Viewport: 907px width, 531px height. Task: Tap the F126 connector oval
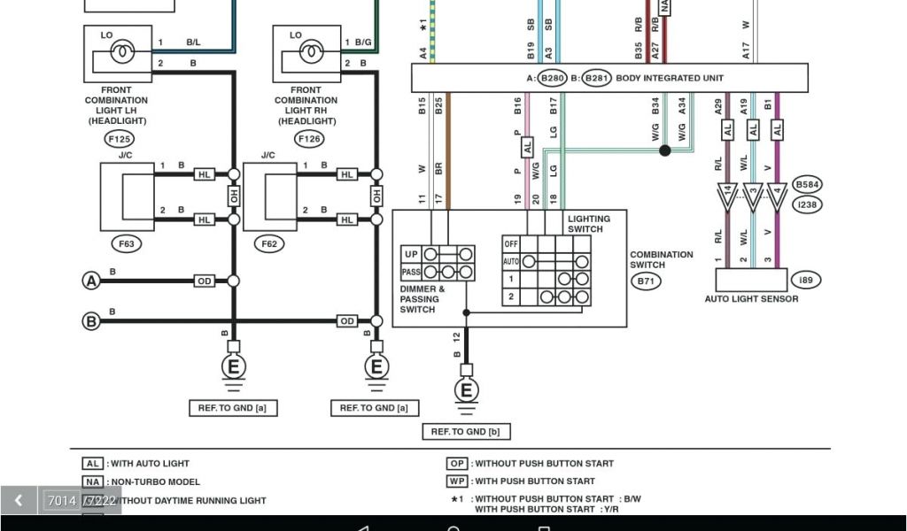tap(309, 139)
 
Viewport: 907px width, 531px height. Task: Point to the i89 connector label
tap(805, 280)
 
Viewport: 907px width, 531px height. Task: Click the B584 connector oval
tap(807, 185)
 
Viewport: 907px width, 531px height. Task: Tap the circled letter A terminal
tap(90, 281)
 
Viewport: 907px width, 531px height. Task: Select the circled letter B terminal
tap(90, 321)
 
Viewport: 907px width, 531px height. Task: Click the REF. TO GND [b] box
tap(466, 432)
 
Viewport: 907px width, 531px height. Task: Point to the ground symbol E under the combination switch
tap(466, 390)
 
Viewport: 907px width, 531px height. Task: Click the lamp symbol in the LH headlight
tap(122, 53)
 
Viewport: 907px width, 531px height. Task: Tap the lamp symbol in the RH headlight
tap(312, 53)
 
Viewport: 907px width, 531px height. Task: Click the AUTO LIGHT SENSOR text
tap(751, 299)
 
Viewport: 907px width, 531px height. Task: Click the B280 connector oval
tap(553, 78)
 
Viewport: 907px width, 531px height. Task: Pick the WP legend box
tap(457, 481)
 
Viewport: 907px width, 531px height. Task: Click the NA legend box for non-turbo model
tap(93, 482)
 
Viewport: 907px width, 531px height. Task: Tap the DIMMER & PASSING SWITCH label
tap(422, 299)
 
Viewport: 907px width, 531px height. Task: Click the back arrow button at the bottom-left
tap(18, 501)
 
